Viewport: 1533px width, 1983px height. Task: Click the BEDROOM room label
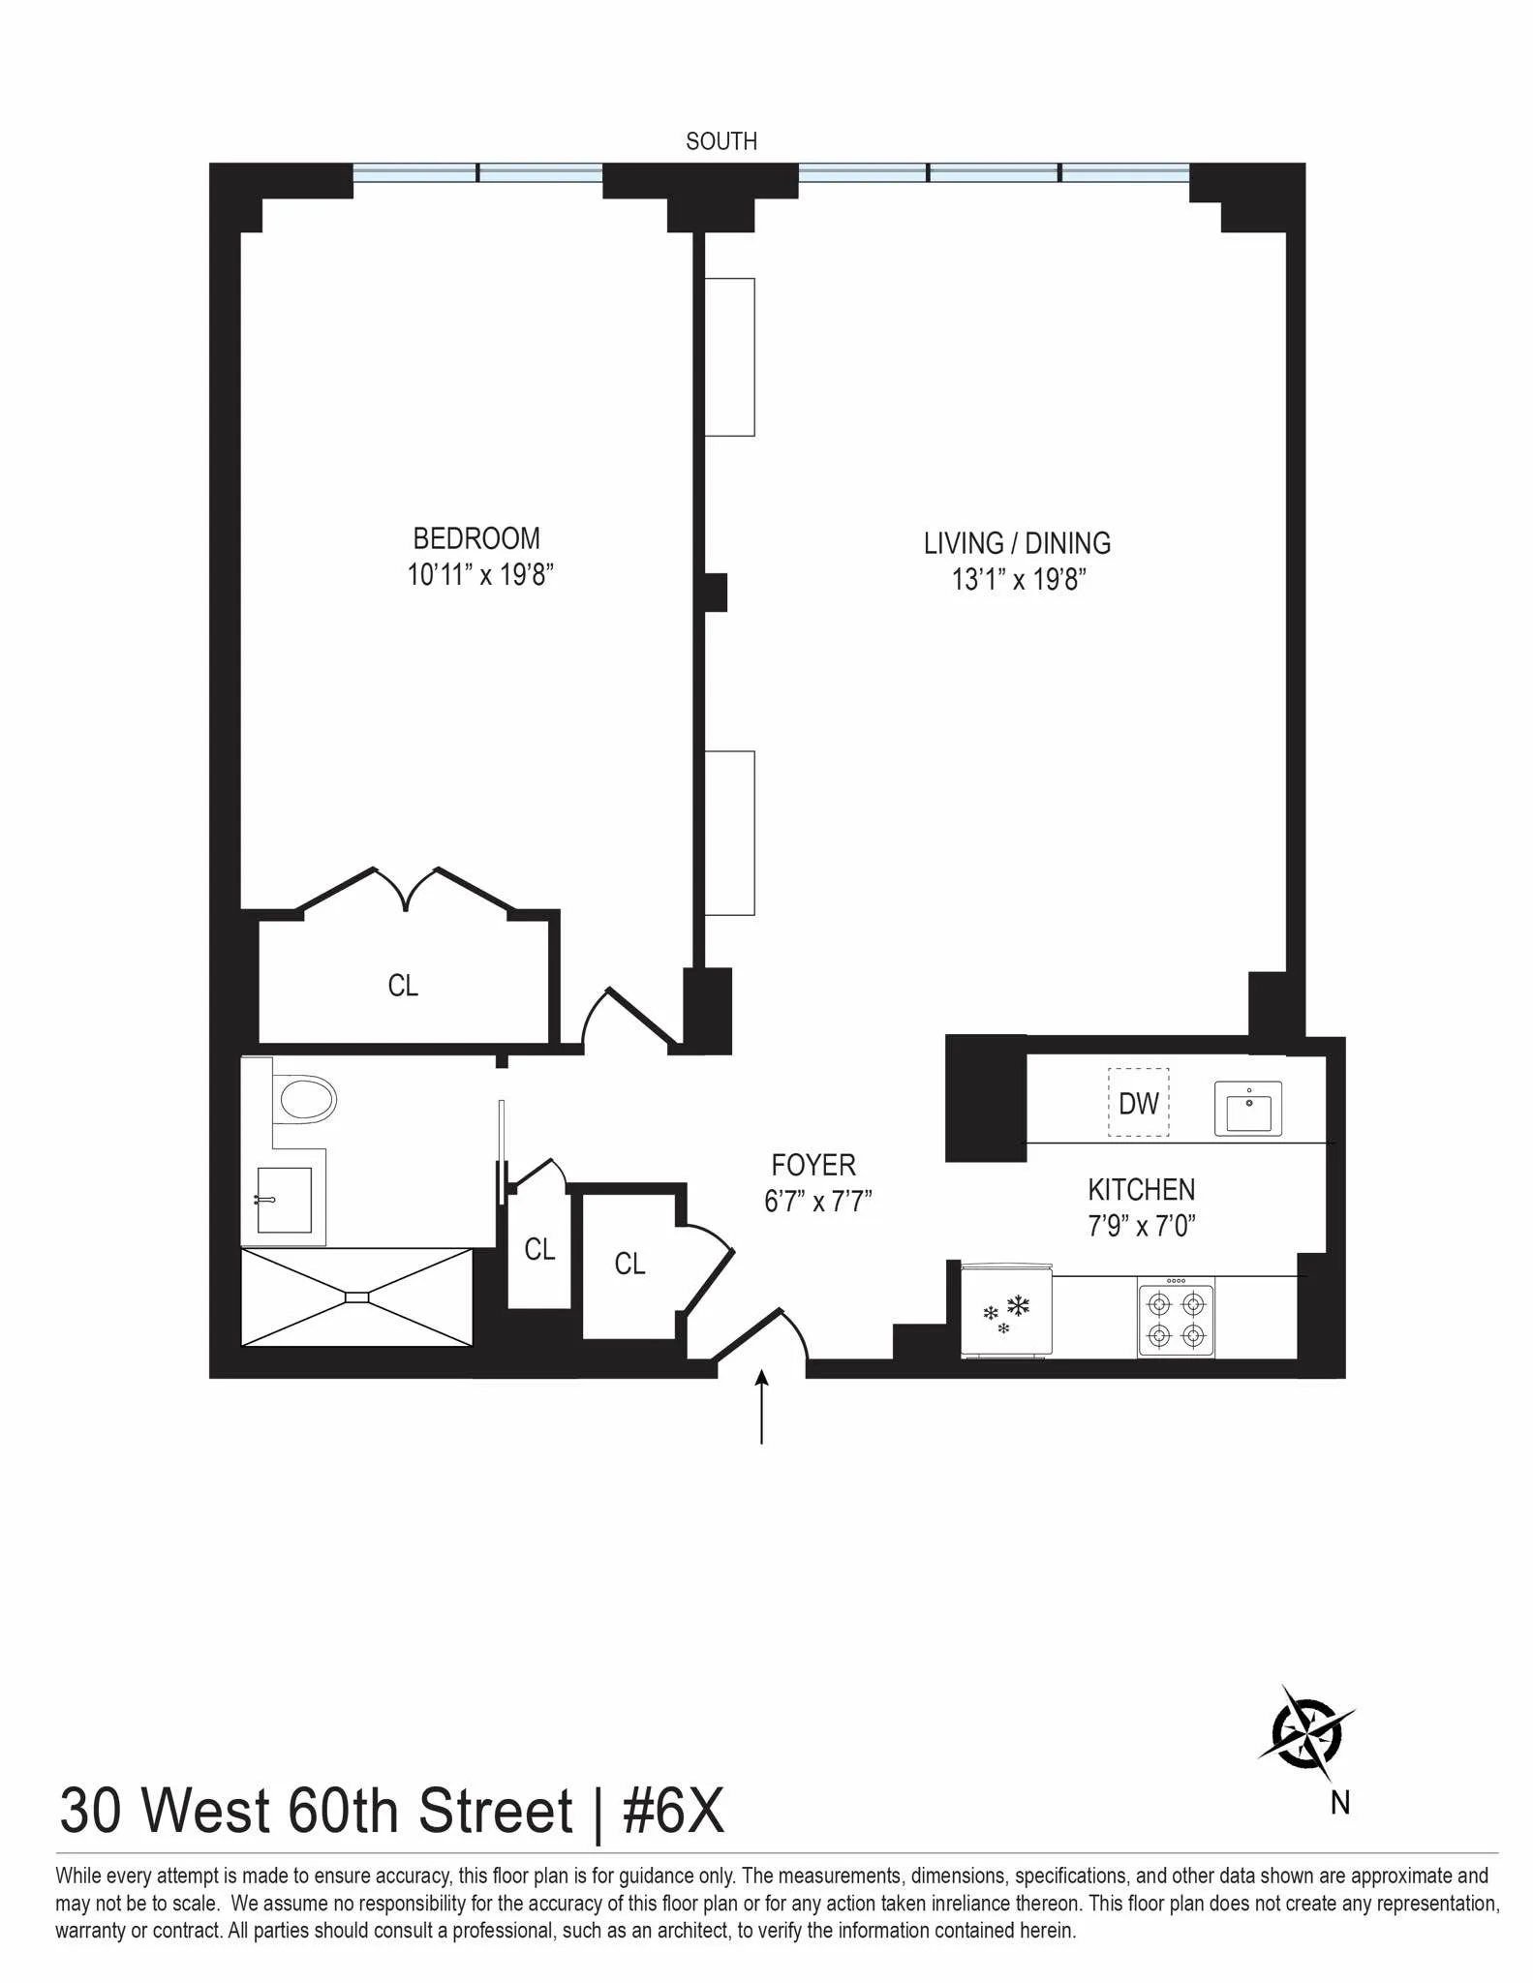[476, 538]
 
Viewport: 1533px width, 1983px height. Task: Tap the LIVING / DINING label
[1017, 543]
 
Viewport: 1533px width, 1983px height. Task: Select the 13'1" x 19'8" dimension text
[1019, 580]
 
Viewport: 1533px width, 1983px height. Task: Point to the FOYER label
[813, 1165]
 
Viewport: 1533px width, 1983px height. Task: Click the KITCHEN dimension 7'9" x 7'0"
[1142, 1227]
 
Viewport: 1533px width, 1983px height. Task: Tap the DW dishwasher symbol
[1138, 1103]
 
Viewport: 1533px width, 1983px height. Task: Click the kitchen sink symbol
[1248, 1110]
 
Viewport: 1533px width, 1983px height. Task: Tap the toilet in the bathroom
[304, 1100]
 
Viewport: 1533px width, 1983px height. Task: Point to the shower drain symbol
[357, 1297]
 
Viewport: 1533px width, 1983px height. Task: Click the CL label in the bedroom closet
[403, 986]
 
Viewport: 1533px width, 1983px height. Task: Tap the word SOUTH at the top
[721, 141]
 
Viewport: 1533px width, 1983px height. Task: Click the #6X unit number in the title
[673, 1812]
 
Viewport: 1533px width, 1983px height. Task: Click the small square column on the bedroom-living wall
[715, 593]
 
